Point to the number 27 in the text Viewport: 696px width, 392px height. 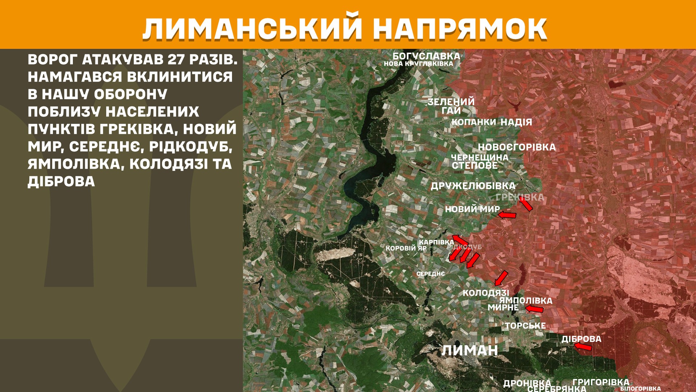coord(176,60)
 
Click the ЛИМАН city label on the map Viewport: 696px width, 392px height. coord(469,351)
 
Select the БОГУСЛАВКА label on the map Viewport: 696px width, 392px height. coord(426,56)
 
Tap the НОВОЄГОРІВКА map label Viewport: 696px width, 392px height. coord(517,147)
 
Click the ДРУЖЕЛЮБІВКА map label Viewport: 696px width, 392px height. coord(473,186)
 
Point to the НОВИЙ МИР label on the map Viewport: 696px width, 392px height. coord(472,209)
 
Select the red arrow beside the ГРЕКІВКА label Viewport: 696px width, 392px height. coord(526,204)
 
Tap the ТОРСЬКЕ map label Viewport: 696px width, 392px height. coord(525,326)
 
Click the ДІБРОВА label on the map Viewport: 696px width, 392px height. coord(581,339)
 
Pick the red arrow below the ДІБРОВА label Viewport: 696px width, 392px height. coord(583,347)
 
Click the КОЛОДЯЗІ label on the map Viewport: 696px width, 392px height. coord(486,293)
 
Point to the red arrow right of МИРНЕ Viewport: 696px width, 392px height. coord(534,309)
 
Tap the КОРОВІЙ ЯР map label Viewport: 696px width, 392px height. coord(406,248)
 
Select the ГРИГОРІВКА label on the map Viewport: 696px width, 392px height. coord(601,382)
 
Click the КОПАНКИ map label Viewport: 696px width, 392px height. coord(473,122)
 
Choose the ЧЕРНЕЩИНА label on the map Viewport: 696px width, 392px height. coord(479,158)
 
